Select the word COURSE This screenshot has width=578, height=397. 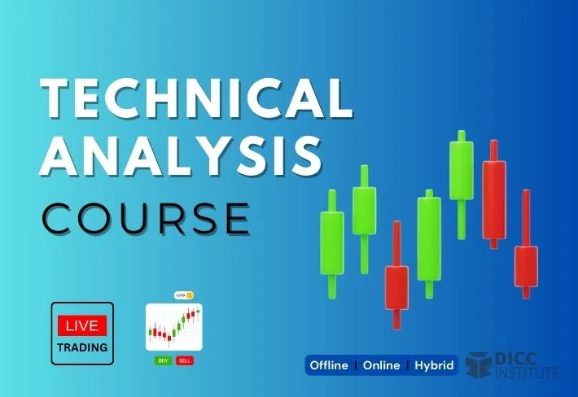pos(146,218)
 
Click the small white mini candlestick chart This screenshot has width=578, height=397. pos(173,328)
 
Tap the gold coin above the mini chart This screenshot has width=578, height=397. pos(190,295)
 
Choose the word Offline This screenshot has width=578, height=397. pos(331,365)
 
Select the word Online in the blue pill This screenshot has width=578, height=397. pos(381,365)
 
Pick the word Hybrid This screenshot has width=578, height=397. pos(434,365)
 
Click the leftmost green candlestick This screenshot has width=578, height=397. pos(331,242)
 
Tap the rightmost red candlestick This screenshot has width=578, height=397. pos(526,266)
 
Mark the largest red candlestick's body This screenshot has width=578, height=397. pos(493,199)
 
